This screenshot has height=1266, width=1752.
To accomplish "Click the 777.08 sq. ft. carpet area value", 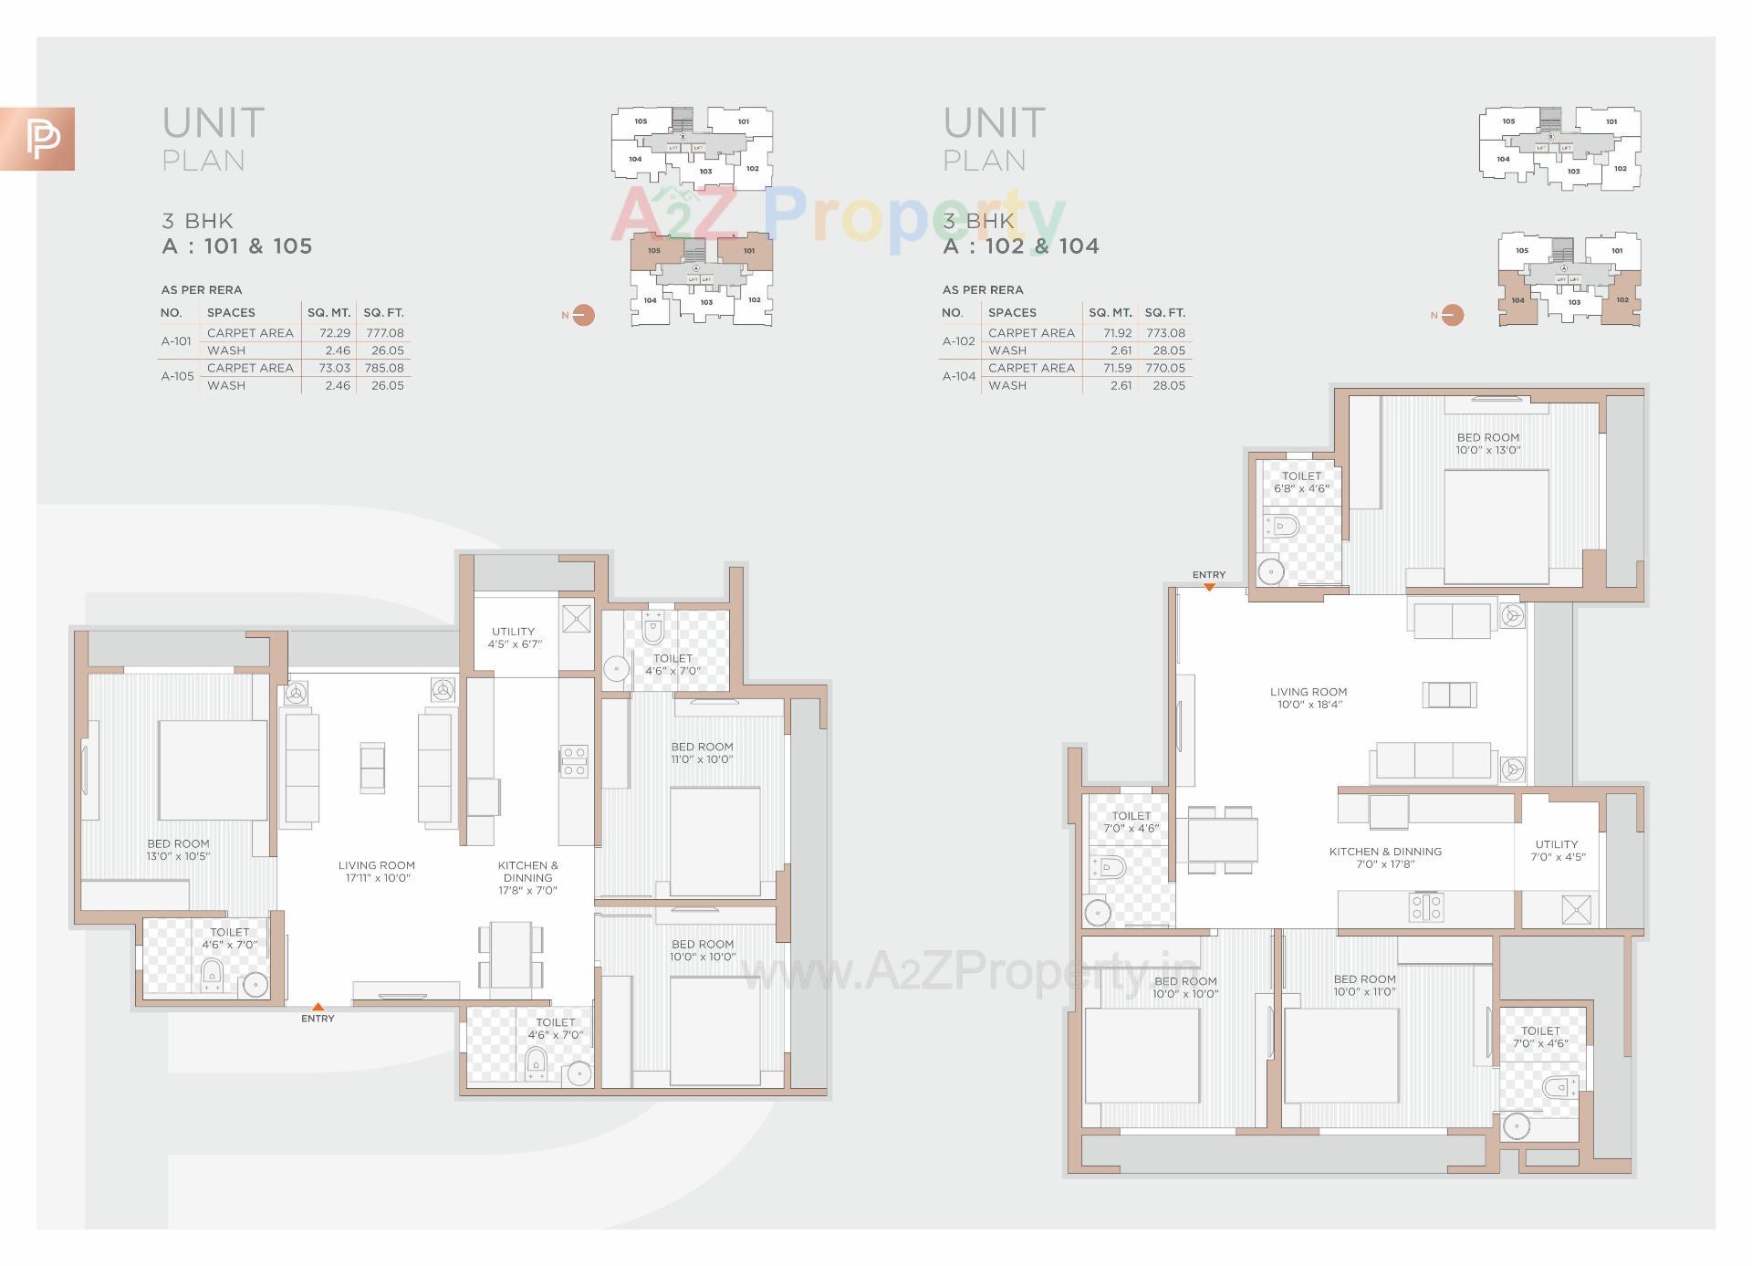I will click(384, 333).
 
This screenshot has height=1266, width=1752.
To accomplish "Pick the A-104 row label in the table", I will click(959, 376).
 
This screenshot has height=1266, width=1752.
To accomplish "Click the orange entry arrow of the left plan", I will click(318, 1007).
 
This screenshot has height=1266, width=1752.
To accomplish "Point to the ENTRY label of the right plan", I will click(1208, 575).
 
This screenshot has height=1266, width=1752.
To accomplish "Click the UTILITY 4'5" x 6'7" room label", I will click(514, 637).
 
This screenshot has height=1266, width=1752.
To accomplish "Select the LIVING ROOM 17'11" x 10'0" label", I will click(376, 872).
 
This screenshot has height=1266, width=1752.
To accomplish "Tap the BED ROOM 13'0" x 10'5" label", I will click(178, 850).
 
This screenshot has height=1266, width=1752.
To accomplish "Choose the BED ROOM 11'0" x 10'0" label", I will click(702, 753).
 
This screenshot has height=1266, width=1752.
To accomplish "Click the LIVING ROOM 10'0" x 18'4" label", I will click(1308, 698).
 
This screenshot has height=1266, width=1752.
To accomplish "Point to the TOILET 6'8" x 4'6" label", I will click(1301, 482).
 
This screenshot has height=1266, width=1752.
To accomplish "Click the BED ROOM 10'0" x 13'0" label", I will click(1487, 444).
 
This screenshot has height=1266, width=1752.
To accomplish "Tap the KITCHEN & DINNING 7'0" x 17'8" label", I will click(1384, 857).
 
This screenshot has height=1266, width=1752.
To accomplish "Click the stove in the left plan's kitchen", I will click(575, 761).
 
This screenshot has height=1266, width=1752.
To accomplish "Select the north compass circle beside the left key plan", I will click(583, 315).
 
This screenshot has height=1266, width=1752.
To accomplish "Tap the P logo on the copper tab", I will click(41, 139).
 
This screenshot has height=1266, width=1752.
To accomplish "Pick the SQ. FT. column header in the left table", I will click(383, 312).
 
